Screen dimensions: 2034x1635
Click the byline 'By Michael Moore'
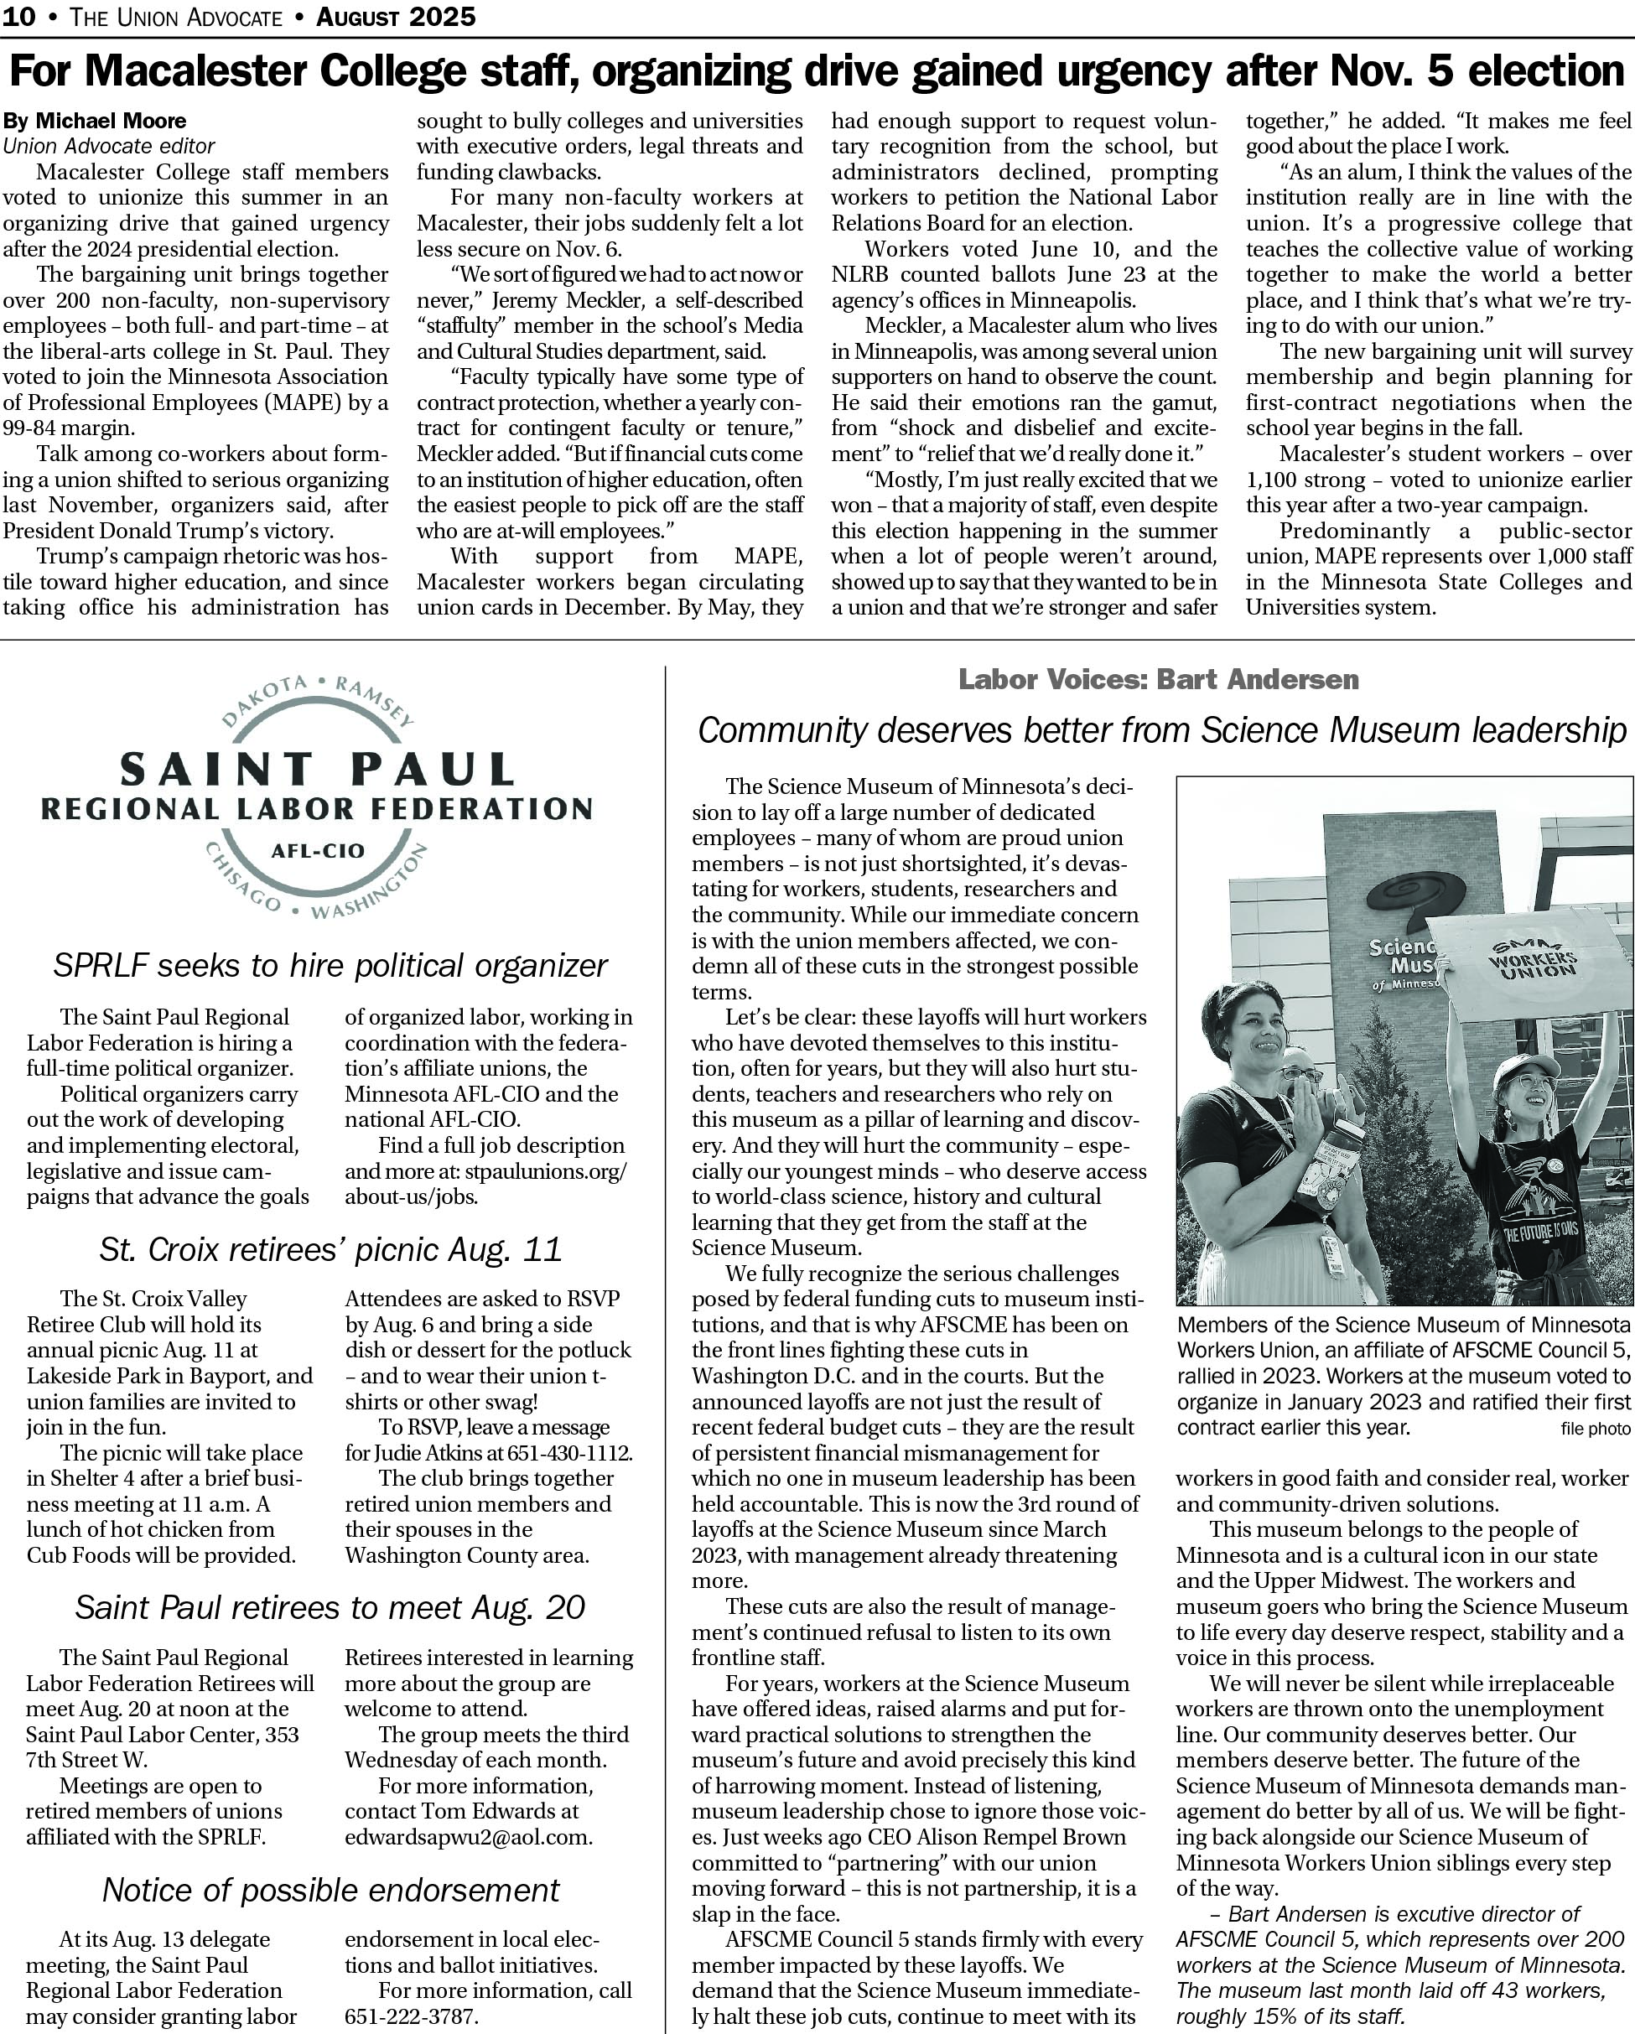pos(95,121)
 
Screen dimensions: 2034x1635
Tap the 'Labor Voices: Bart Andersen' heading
pos(1158,679)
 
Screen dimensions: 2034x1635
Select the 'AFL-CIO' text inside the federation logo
pos(317,851)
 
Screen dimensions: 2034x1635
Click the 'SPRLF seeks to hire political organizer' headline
pos(330,965)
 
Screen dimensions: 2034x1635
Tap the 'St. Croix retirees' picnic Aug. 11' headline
pos(330,1249)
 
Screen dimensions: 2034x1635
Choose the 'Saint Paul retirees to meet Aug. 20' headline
pos(330,1606)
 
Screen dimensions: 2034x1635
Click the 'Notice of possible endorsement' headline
pos(330,1890)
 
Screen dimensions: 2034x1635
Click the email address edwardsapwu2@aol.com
pos(468,1837)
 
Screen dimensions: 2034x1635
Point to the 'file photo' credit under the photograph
pos(1595,1429)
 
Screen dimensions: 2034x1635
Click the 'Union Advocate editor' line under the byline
pos(108,146)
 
